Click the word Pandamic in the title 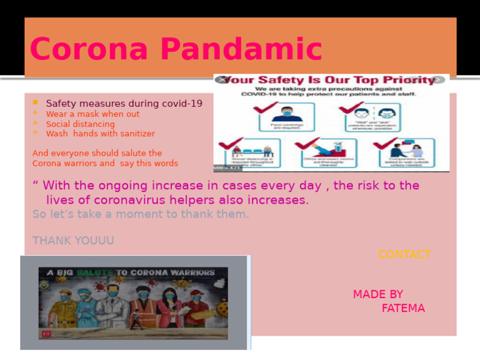tap(251, 51)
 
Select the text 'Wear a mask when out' tap(92, 114)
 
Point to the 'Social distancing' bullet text tap(80, 124)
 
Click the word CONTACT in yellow tap(404, 255)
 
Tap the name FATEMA tap(402, 309)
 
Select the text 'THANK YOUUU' tap(73, 241)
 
